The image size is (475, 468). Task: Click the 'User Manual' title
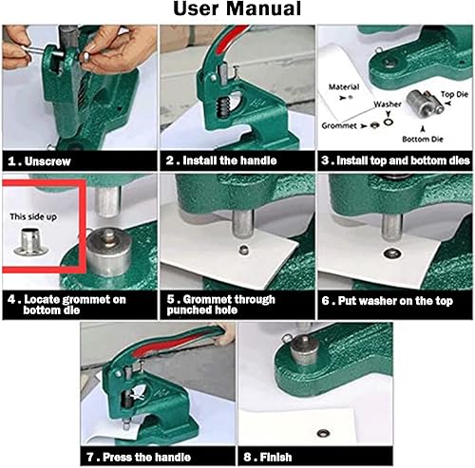237,9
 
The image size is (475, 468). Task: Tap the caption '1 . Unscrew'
39,161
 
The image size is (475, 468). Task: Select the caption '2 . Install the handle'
221,160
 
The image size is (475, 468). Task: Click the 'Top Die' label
454,94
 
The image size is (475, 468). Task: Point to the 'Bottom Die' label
423,140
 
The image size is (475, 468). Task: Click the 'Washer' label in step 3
388,104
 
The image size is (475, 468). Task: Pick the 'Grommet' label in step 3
339,125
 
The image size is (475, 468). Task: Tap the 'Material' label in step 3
344,86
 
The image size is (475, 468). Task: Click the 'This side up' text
33,216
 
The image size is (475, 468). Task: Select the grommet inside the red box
31,242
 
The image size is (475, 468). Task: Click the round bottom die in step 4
109,253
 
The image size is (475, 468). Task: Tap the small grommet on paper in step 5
243,250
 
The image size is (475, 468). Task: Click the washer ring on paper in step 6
392,253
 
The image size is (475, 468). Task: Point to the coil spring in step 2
223,107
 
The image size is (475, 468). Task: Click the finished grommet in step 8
324,433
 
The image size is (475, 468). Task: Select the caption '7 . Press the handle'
139,457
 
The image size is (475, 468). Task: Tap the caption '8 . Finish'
268,457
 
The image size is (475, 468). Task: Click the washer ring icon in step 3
389,122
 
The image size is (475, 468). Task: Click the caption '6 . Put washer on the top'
388,301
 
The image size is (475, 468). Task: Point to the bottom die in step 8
303,349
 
